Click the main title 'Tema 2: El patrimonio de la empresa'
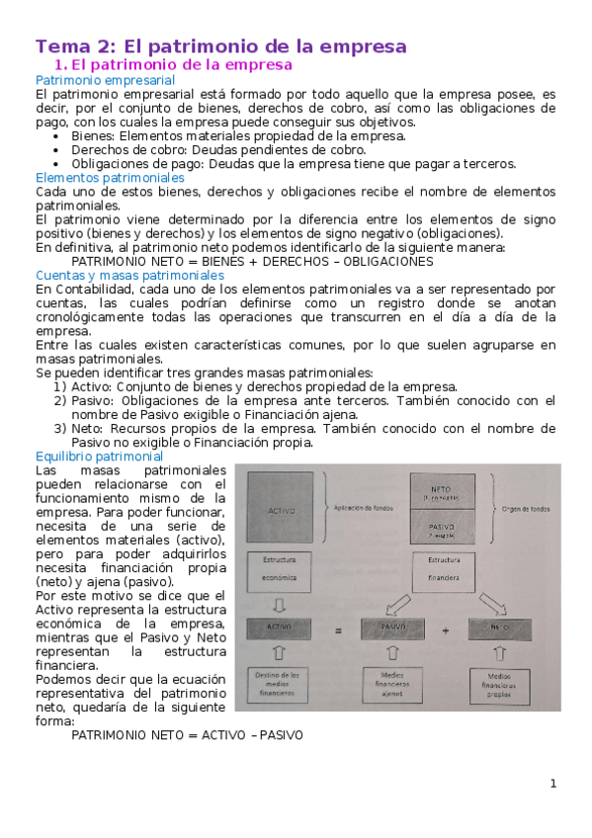coord(220,46)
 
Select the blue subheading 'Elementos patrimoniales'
coord(110,178)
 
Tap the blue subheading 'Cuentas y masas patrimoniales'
coord(129,275)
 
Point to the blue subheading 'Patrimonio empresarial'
coord(105,80)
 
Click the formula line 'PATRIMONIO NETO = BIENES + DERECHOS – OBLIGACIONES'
coord(252,261)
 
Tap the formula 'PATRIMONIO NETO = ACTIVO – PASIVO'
coord(187,735)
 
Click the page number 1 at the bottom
coord(553,784)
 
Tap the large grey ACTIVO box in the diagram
coord(281,510)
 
